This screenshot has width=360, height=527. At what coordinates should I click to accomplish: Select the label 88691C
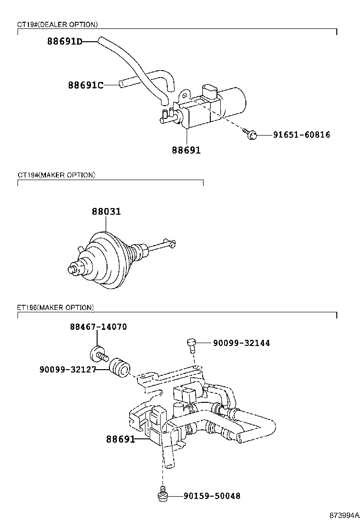(x=85, y=85)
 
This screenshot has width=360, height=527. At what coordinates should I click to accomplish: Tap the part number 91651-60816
(x=301, y=135)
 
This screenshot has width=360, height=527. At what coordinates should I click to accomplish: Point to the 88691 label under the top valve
(x=186, y=150)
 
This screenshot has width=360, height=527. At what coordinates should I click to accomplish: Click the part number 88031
(x=106, y=212)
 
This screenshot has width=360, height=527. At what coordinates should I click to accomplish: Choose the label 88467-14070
(x=99, y=327)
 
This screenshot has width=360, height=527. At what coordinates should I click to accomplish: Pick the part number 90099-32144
(x=242, y=343)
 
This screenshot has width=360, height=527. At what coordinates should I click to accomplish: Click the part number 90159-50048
(x=212, y=496)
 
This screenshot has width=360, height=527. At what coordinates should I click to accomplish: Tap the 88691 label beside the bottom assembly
(x=121, y=439)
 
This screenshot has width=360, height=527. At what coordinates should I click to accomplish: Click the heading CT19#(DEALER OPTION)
(x=58, y=24)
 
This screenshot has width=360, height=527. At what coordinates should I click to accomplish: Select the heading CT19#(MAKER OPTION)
(x=56, y=175)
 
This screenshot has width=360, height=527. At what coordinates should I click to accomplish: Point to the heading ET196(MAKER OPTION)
(x=56, y=308)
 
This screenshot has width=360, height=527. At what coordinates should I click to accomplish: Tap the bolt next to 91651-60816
(x=251, y=135)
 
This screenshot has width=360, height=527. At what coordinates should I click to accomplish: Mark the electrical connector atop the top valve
(x=208, y=91)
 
